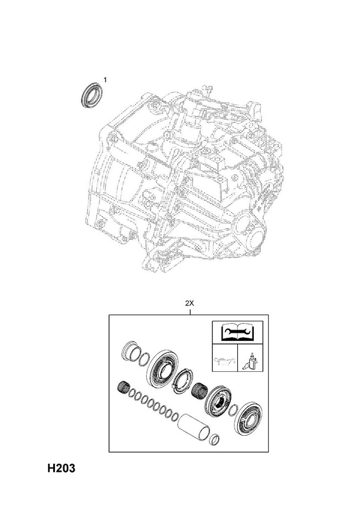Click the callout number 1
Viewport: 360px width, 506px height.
[105, 79]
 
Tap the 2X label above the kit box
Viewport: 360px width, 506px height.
[189, 304]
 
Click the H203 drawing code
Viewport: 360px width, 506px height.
[61, 468]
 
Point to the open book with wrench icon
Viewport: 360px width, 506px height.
[237, 333]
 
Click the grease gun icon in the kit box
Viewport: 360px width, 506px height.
[250, 362]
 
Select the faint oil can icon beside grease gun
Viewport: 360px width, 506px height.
[225, 362]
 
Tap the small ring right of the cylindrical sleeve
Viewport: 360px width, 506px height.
[215, 438]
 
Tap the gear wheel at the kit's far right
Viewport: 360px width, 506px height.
[249, 419]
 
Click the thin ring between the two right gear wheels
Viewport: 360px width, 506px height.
[233, 410]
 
